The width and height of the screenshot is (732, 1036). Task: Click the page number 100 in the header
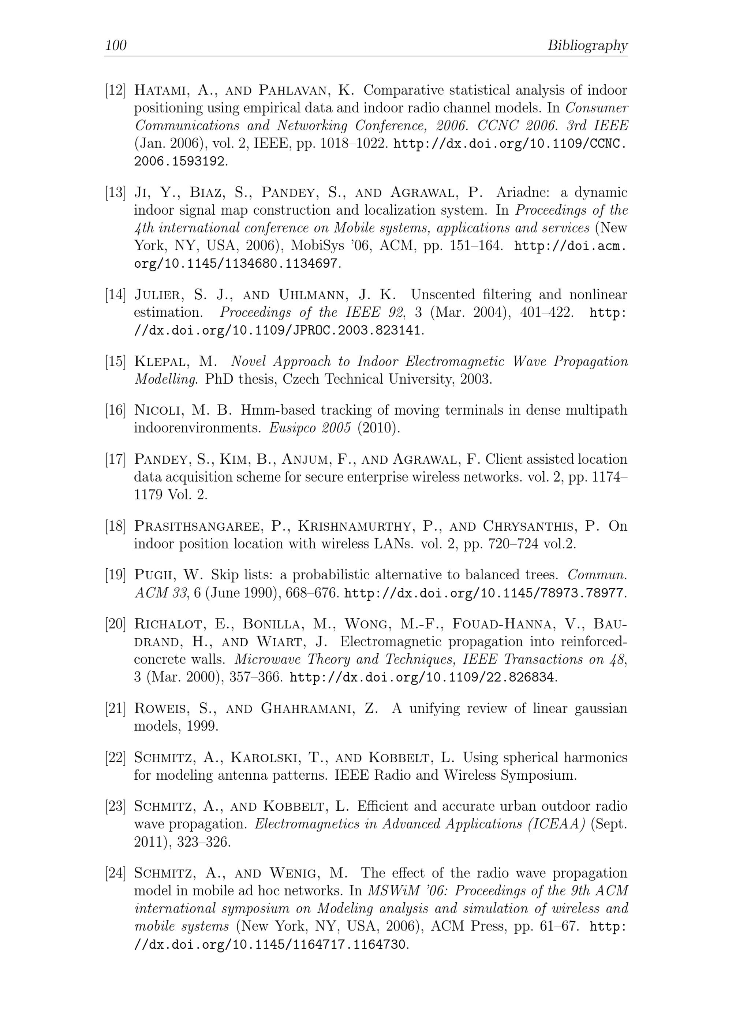116,45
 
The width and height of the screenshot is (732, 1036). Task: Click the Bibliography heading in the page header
587,45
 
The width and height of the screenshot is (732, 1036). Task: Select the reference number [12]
115,90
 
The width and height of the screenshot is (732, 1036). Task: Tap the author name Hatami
160,90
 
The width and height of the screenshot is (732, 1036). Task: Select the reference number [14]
115,295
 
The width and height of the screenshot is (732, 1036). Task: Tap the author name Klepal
158,361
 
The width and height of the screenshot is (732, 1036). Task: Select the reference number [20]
115,624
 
